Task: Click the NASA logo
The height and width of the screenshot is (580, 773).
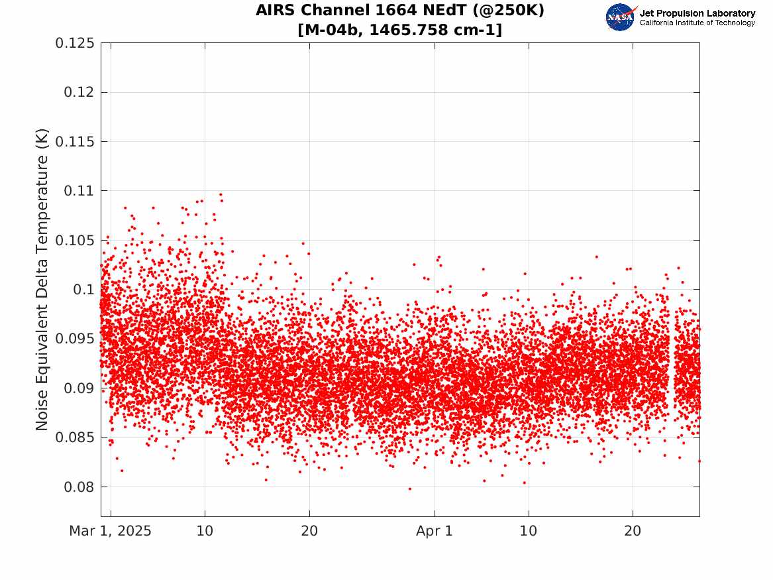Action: point(621,17)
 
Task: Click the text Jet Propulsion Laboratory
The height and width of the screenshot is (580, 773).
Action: point(697,13)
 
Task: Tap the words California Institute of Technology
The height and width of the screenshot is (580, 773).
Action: point(697,23)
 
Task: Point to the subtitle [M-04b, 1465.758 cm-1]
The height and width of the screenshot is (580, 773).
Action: point(400,30)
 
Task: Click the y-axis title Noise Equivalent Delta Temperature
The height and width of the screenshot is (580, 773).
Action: point(42,280)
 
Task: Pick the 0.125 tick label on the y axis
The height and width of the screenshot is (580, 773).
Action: point(74,43)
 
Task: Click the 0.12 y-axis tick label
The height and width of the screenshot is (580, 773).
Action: point(79,92)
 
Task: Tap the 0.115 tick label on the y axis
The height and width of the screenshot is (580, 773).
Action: point(74,142)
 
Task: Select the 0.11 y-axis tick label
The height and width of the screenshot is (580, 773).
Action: point(79,191)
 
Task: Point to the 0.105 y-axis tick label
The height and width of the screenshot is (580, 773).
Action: point(74,241)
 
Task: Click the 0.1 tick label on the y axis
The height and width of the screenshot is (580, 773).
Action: point(83,290)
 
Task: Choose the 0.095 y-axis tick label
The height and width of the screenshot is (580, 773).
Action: point(74,339)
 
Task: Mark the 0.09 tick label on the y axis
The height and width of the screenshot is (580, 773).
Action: point(79,388)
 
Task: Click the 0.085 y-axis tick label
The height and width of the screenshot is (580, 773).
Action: point(74,437)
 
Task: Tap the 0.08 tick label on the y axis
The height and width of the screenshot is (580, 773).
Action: point(79,487)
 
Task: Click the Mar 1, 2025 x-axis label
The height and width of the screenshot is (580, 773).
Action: point(110,531)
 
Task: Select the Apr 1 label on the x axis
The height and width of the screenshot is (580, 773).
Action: point(435,531)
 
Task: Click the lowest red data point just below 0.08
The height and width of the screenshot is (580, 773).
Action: point(409,489)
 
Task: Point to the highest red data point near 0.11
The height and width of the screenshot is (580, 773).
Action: point(221,195)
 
